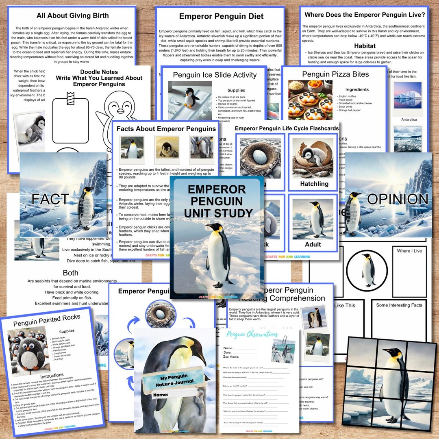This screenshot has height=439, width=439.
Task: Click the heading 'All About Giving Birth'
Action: point(73,16)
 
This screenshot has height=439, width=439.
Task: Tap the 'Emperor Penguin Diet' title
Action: point(222,17)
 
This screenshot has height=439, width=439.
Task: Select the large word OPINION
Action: point(397,199)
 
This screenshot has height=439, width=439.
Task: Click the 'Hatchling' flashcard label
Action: point(314,184)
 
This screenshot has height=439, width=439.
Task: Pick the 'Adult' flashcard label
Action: point(313,244)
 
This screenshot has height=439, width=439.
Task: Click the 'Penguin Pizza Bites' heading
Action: point(335,74)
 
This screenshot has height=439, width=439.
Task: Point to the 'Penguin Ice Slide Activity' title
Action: point(215,75)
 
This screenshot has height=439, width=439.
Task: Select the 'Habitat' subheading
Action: point(364,46)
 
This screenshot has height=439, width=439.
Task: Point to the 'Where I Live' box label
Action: point(409,251)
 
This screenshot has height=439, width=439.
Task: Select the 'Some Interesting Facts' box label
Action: point(399,305)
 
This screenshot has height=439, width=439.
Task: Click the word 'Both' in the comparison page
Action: point(70,273)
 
